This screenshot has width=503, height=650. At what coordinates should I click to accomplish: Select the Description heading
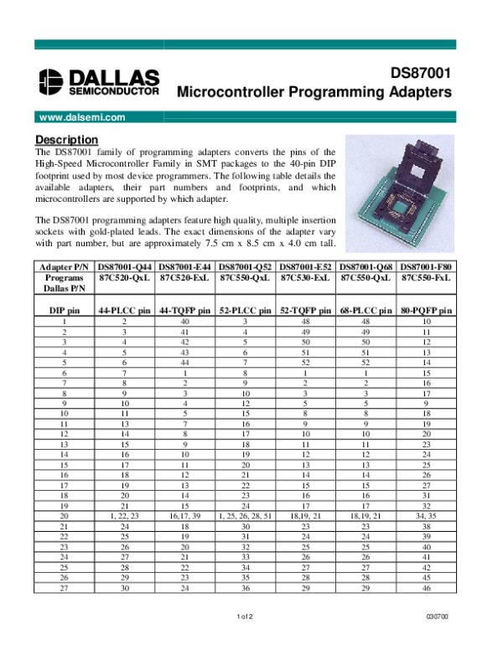67,139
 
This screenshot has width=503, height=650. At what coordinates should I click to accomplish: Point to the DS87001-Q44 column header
125,266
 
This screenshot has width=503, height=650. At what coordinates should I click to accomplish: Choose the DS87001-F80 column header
427,266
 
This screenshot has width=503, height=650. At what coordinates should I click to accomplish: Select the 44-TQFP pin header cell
185,311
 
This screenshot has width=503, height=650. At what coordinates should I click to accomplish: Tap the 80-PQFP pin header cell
427,311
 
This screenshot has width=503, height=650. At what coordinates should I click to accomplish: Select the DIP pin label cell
64,311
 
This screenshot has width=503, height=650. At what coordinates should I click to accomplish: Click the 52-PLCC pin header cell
246,311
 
